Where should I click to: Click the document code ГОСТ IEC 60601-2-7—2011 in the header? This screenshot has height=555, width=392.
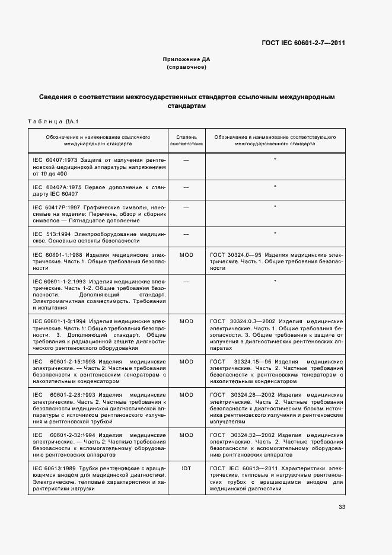click(304, 43)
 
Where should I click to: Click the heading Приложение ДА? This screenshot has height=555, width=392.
click(186, 60)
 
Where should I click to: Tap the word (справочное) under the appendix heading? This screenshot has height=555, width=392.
click(186, 68)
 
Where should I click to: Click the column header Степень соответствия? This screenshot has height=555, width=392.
click(186, 140)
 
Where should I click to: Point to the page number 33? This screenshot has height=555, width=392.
click(342, 506)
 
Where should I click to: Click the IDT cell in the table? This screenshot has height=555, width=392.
click(186, 468)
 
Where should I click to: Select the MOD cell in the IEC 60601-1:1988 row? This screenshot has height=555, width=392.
click(186, 254)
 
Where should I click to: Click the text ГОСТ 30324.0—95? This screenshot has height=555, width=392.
click(236, 254)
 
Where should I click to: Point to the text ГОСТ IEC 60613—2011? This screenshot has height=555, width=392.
click(240, 468)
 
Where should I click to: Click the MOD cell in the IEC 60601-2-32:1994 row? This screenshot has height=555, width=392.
click(186, 435)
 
